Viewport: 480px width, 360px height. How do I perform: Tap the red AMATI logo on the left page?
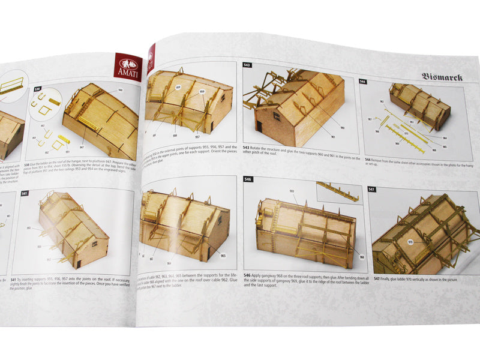tap(127, 67)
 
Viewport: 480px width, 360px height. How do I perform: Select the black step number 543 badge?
tap(247, 65)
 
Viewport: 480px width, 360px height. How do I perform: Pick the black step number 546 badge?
tap(248, 179)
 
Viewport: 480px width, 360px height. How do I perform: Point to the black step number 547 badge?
tap(372, 189)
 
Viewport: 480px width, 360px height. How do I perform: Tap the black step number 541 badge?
tap(24, 194)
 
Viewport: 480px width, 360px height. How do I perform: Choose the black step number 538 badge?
tap(38, 89)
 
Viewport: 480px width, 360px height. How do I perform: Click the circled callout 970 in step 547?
tap(410, 242)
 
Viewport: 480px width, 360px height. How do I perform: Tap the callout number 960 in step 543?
tap(342, 127)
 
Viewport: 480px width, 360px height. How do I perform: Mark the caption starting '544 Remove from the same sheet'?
tap(414, 163)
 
